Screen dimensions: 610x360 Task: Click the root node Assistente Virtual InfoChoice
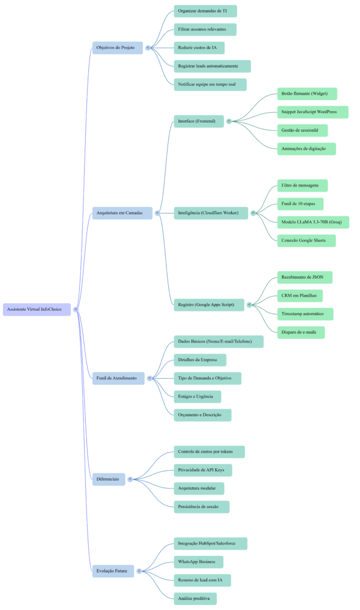37,309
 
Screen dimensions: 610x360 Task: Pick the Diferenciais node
108,479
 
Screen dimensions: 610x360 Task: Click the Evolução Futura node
113,571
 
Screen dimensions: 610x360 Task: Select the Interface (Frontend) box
199,121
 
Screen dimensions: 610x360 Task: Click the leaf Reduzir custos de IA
199,48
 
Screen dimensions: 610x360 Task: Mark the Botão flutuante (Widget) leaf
307,94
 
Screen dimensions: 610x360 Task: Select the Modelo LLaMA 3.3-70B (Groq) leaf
313,222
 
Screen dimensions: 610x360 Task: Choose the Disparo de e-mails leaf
300,332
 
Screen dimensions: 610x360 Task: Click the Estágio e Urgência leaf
197,396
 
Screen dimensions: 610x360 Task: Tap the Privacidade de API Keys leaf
202,470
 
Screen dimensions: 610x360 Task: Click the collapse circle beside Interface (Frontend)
229,121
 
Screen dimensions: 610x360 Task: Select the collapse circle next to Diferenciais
130,479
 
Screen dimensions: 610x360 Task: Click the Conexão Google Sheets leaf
306,241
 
